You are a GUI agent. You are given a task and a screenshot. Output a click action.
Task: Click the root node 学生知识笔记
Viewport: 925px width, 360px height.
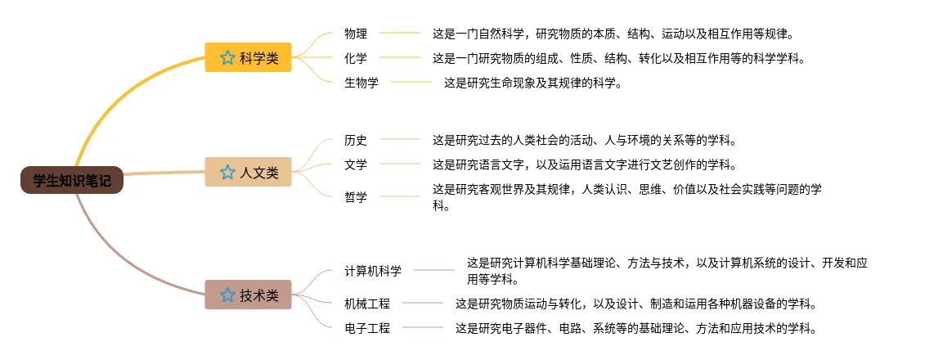[72, 181]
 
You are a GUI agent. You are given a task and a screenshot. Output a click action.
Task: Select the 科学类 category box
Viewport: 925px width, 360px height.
[248, 58]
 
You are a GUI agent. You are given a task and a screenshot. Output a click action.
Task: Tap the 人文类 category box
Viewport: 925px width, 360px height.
[248, 173]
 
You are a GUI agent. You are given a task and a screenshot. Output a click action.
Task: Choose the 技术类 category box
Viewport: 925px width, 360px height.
[248, 295]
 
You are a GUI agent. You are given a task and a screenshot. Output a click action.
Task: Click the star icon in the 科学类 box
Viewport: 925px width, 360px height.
[227, 58]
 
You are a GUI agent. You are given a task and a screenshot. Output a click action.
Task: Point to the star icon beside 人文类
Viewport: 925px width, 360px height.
[227, 173]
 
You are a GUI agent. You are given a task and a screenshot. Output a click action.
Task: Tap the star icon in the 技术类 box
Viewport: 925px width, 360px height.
[227, 295]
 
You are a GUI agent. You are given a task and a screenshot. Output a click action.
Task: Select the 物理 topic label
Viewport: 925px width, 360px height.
[356, 34]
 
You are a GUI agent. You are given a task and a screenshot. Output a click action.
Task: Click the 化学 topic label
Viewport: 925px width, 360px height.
[356, 58]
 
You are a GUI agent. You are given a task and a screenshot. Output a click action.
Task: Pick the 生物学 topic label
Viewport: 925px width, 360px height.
[361, 82]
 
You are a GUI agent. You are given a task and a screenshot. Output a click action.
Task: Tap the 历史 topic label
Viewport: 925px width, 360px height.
[356, 140]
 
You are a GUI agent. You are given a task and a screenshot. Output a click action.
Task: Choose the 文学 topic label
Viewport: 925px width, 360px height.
[356, 164]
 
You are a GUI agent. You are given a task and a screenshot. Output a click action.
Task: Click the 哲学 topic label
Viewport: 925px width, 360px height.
[356, 196]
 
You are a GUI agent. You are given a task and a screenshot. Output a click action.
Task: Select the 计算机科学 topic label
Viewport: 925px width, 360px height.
[373, 270]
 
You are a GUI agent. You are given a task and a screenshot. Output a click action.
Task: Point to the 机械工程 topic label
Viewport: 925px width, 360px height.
[367, 304]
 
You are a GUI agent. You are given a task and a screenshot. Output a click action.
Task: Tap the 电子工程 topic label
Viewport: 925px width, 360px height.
[367, 328]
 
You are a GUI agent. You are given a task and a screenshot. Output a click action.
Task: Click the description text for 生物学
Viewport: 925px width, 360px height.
[532, 82]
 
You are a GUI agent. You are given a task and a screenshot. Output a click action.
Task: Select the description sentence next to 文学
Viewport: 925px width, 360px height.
[584, 164]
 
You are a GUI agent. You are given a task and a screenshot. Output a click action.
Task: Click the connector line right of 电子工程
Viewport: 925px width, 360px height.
[422, 328]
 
